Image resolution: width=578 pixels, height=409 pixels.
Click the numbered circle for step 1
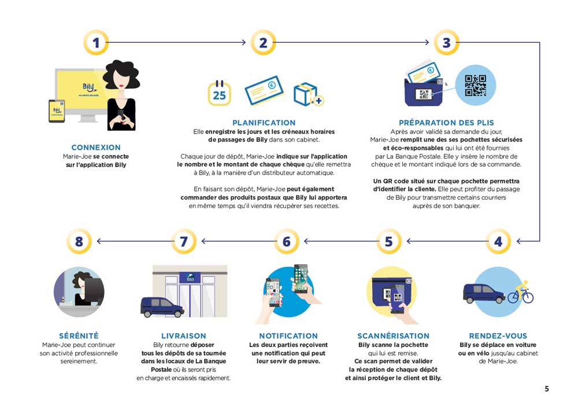(x=96, y=42)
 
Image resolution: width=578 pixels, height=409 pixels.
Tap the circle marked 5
(x=388, y=241)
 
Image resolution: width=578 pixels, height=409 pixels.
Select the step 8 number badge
(x=79, y=241)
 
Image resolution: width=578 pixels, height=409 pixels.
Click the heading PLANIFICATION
(x=264, y=123)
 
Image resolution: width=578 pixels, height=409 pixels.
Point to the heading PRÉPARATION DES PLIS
(x=446, y=123)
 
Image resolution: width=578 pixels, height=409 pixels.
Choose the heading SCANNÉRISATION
(x=393, y=336)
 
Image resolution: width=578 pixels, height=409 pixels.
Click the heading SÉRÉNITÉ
(x=79, y=336)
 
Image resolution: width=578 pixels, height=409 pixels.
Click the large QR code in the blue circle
(x=475, y=85)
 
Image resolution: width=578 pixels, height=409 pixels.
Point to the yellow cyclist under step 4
(x=521, y=293)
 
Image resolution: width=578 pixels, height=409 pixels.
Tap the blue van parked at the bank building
(x=162, y=307)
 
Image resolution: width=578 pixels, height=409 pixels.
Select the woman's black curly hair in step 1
(x=121, y=74)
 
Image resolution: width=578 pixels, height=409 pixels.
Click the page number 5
(x=547, y=389)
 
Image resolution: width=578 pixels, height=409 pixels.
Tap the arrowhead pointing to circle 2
(x=243, y=42)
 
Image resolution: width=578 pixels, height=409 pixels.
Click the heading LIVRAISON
(x=184, y=336)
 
